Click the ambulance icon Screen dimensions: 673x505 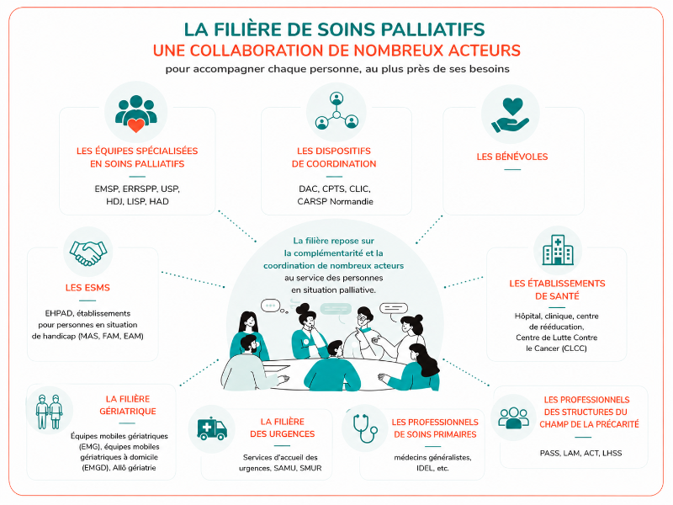(x=212, y=429)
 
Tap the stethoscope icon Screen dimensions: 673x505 (x=365, y=428)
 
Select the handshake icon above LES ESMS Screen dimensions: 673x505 (x=88, y=252)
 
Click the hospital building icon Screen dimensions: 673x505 (x=558, y=249)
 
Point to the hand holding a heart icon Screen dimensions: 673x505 (x=511, y=114)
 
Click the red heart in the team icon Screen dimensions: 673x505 (x=136, y=125)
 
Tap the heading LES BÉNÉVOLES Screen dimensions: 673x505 (x=512, y=157)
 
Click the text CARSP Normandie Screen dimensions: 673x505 (x=335, y=201)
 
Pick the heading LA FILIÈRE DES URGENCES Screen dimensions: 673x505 (x=283, y=428)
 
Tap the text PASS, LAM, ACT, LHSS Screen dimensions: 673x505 (x=580, y=453)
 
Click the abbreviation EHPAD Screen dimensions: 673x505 (x=57, y=313)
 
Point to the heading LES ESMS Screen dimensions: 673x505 (x=87, y=288)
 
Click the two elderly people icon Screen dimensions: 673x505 (x=50, y=412)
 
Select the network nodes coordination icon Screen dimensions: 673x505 (x=336, y=111)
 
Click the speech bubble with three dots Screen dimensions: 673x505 (x=270, y=306)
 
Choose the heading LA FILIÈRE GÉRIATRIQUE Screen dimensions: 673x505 (x=128, y=405)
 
